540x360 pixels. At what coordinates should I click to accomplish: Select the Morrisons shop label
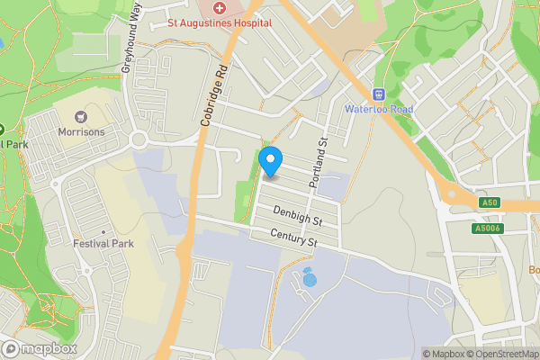click(82, 132)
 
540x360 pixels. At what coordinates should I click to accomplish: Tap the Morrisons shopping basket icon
click(82, 116)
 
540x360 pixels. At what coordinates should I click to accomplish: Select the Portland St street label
click(319, 157)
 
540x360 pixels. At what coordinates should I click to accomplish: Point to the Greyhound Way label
click(131, 35)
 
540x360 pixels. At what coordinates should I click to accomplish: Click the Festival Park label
click(103, 243)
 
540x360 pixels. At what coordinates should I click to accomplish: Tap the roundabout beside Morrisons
click(139, 139)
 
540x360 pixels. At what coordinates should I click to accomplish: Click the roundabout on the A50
click(449, 193)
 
